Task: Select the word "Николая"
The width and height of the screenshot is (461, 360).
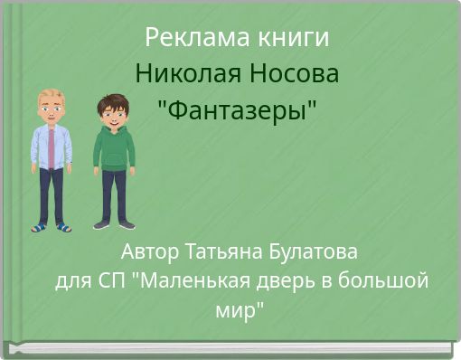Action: [183, 74]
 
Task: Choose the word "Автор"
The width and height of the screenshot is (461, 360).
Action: [150, 250]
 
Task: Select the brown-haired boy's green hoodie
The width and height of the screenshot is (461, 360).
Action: [114, 149]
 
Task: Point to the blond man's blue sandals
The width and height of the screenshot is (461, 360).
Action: [51, 226]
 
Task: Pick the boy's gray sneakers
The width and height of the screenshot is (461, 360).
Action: [114, 224]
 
